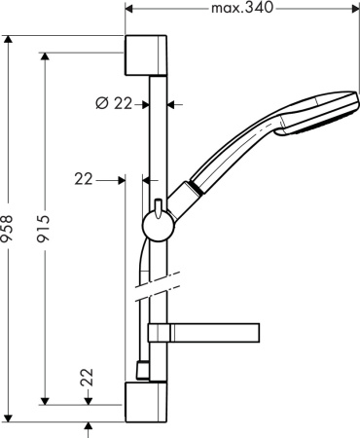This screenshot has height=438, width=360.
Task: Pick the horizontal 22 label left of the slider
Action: pyautogui.click(x=85, y=178)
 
